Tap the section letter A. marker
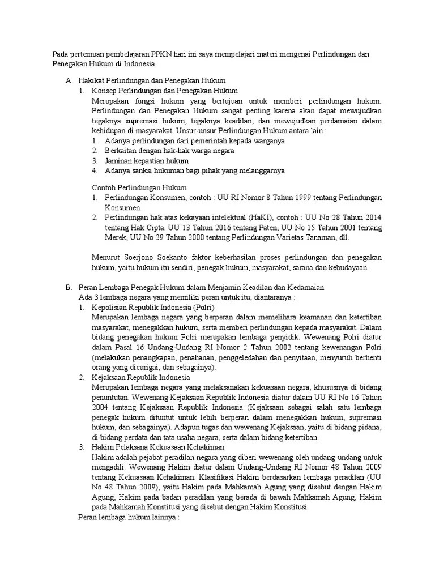69,82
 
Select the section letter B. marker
69,288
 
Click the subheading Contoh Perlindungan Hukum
139,187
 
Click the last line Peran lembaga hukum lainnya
128,518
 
